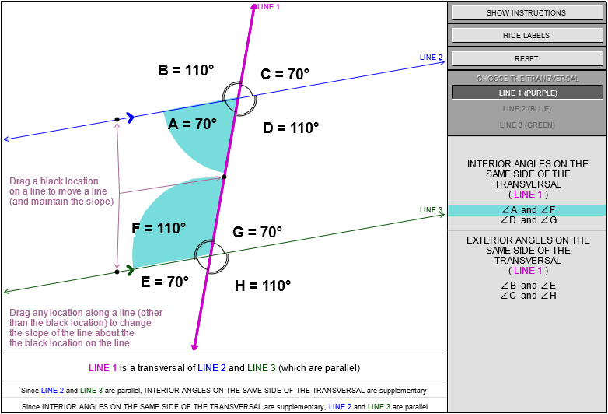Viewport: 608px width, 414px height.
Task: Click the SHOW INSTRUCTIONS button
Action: [x=526, y=12]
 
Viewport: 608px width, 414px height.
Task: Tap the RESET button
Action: [x=526, y=58]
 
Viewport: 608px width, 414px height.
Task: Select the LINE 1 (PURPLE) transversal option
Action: [x=528, y=93]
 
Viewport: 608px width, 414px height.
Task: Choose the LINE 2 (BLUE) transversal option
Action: [x=528, y=109]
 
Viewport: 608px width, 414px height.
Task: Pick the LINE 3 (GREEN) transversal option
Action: [x=528, y=125]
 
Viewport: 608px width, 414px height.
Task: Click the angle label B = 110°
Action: [x=186, y=70]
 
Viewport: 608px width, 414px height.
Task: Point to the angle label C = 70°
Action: [x=285, y=75]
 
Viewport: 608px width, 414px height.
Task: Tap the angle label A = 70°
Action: [x=192, y=124]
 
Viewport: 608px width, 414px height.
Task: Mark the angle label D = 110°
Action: [x=291, y=128]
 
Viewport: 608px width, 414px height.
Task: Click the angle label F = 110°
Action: [x=159, y=228]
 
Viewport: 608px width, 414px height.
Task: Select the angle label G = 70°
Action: [x=257, y=232]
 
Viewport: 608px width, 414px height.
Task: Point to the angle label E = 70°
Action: [x=165, y=282]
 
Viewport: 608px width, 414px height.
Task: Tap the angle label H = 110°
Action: [x=263, y=286]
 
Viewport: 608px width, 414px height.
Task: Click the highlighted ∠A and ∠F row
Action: [x=528, y=210]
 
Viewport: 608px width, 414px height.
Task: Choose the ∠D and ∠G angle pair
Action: [x=528, y=220]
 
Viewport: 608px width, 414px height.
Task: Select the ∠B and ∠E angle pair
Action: [x=528, y=285]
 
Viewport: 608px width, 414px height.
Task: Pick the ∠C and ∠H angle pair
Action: [x=528, y=295]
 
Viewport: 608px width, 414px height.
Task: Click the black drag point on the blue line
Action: [x=117, y=120]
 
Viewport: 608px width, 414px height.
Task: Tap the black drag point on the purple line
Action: [x=224, y=177]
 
